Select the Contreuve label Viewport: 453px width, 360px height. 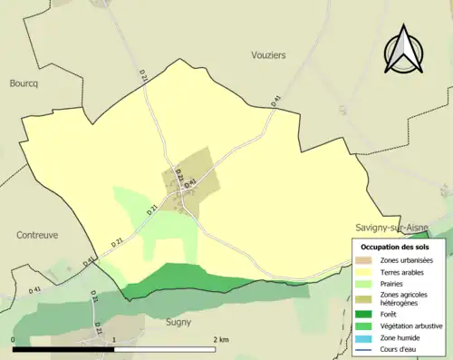coord(37,234)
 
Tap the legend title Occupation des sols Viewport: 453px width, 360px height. coord(395,247)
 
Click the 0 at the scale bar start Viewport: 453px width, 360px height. coord(14,340)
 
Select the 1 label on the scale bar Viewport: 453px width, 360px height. coord(114,340)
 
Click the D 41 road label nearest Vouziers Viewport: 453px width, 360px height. coord(275,102)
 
